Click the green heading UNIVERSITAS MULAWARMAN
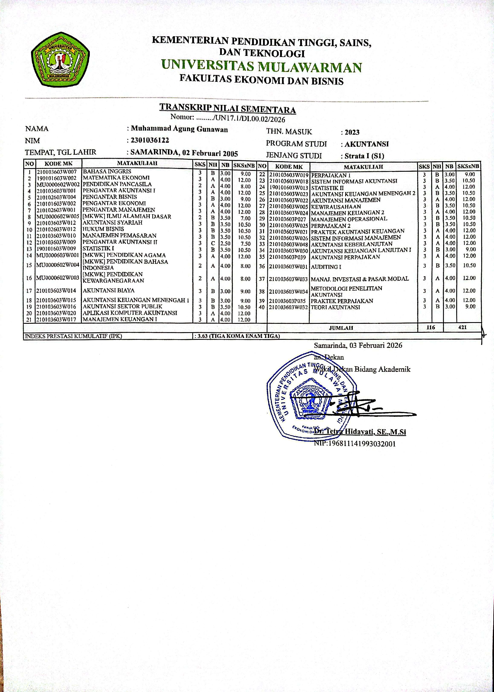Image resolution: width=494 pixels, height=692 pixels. [261, 67]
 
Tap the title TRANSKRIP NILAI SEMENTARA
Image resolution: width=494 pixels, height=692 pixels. [228, 109]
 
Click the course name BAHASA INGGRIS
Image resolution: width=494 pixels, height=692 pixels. [107, 172]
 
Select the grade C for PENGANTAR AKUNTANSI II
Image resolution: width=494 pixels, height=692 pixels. [213, 244]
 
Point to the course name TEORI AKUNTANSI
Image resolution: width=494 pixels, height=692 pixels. [335, 307]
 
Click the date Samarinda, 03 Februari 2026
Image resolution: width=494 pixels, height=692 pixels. [358, 345]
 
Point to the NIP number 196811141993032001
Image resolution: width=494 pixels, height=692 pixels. [355, 443]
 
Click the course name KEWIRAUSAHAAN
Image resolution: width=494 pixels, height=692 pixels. [336, 206]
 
